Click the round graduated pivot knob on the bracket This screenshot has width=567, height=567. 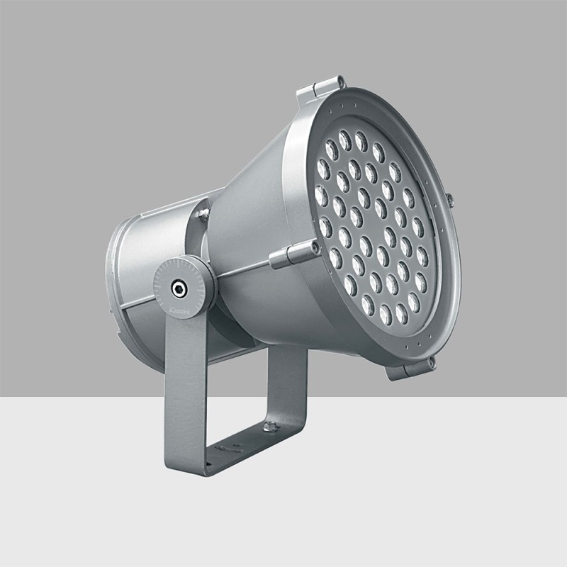pos(184,286)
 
